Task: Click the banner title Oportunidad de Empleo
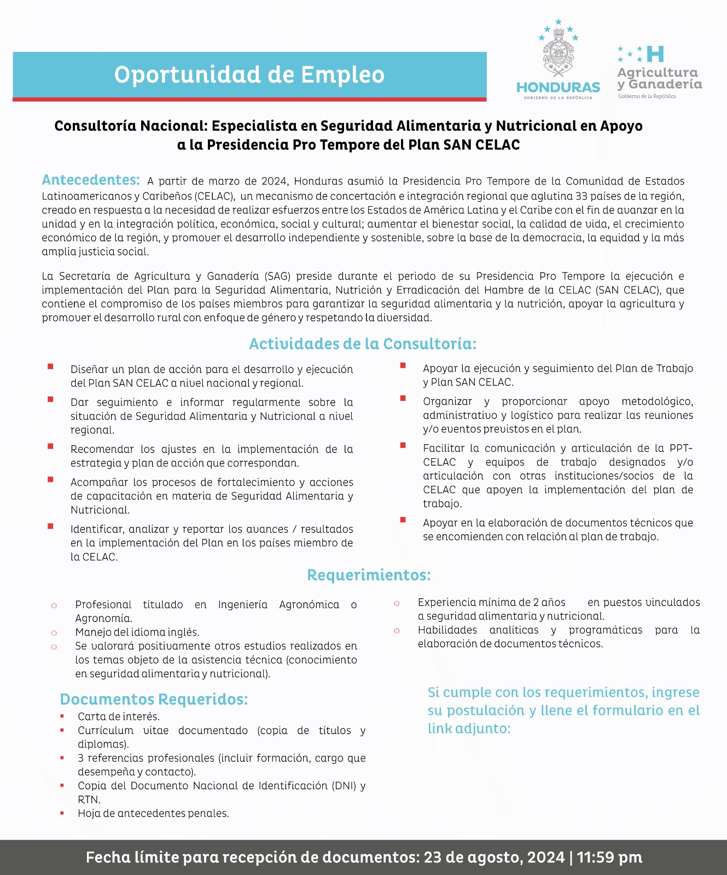pos(249,75)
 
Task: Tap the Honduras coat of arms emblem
pos(558,52)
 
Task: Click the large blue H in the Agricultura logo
pos(655,54)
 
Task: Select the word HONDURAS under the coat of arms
pos(558,87)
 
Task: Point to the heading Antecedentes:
pos(91,180)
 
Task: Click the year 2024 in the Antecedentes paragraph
pos(274,182)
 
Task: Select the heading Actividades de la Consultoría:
pos(363,344)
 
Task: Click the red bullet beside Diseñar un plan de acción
pos(50,367)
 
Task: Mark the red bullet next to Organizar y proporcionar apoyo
pos(403,399)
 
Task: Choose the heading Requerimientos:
pos(369,575)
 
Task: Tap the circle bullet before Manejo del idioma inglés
pos(54,633)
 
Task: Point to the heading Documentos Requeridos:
pos(154,699)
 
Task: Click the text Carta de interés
pos(119,716)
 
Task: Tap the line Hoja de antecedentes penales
pos(153,813)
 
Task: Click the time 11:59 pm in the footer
pos(609,857)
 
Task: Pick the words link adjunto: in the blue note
pos(469,728)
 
